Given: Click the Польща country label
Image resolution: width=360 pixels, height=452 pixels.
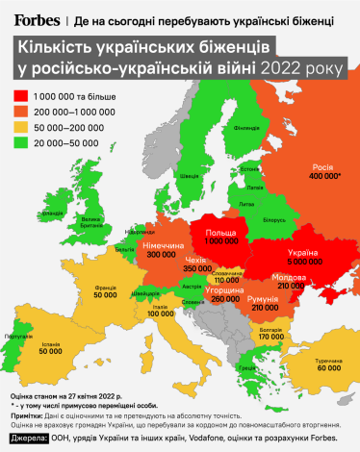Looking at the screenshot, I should pos(222,233).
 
